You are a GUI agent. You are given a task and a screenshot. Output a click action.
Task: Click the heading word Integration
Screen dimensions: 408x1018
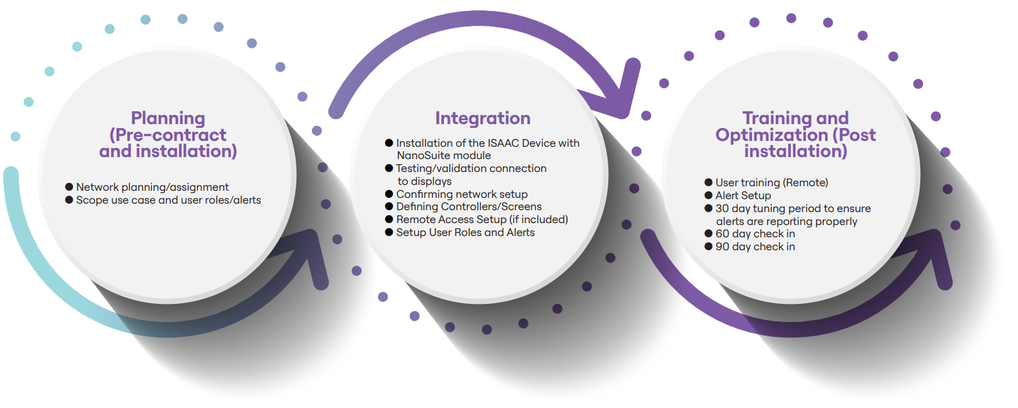[483, 118]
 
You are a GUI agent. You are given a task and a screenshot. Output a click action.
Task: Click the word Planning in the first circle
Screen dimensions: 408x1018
[168, 118]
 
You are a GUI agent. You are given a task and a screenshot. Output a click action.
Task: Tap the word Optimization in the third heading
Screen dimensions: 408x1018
[771, 135]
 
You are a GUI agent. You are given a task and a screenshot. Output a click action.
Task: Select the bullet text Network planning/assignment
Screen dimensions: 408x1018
[152, 188]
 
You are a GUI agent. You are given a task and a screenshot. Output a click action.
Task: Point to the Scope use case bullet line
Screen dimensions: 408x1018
[168, 200]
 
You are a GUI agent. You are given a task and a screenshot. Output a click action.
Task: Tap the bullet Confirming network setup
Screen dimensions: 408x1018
[461, 194]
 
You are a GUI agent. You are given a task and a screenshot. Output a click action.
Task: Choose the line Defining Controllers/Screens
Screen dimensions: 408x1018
[469, 207]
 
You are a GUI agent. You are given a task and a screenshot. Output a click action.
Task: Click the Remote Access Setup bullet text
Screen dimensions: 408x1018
[481, 220]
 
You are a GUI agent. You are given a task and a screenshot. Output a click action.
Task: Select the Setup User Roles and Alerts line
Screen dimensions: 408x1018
[465, 233]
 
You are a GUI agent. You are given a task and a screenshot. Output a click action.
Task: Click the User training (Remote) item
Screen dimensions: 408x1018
[771, 183]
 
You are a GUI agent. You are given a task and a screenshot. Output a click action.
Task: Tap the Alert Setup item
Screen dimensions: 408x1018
[743, 195]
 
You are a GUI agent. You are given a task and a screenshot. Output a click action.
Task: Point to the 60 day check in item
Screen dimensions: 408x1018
[755, 234]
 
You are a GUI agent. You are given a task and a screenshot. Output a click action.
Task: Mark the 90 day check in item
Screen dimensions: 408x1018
[755, 247]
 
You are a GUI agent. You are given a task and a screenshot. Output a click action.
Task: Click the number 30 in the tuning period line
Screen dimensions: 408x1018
[722, 209]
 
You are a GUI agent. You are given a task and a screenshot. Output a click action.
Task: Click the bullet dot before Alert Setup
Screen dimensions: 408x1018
[709, 195]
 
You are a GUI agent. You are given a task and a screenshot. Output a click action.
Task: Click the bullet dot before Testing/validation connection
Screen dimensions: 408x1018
[389, 168]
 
